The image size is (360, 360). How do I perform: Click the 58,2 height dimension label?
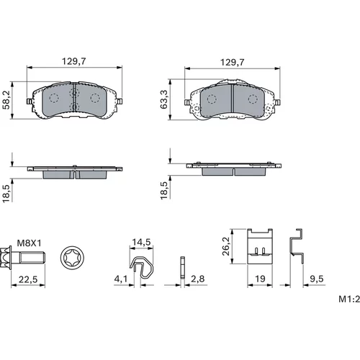point(6,99)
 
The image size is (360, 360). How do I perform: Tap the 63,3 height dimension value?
point(164,99)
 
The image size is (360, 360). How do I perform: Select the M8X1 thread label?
point(29,243)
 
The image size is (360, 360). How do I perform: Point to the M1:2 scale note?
point(349,299)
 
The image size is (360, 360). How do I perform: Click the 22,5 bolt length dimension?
point(28,279)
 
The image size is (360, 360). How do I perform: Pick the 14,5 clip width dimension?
point(141,242)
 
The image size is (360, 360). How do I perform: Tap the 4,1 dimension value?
point(121,279)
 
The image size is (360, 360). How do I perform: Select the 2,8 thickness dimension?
point(198,279)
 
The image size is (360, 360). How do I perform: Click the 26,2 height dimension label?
point(226,246)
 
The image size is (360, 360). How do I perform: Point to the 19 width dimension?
point(260,279)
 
